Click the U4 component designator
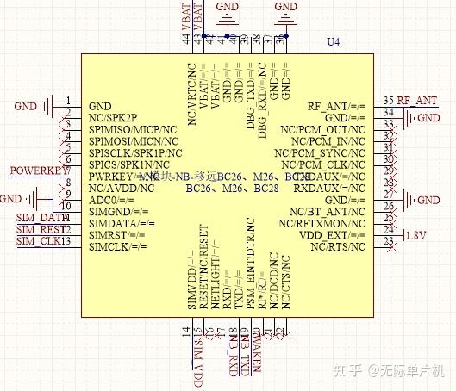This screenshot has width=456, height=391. click(x=334, y=42)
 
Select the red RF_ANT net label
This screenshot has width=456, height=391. click(x=416, y=101)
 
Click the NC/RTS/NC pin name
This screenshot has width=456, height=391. click(x=338, y=247)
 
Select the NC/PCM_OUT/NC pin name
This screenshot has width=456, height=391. click(x=323, y=129)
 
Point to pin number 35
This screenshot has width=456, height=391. click(x=388, y=101)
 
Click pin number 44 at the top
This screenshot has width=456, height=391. click(x=187, y=37)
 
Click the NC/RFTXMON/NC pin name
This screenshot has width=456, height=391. click(x=323, y=223)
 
